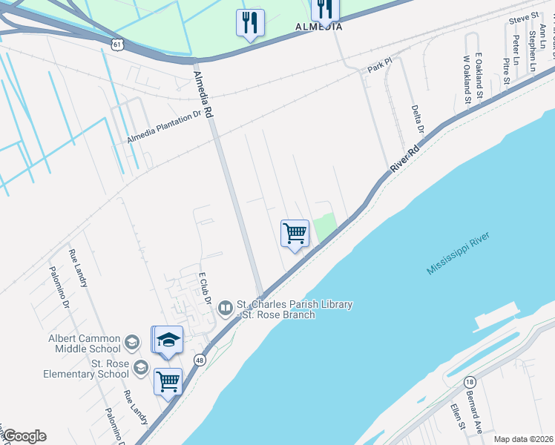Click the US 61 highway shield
pos(118,44)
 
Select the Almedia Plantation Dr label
pos(164,127)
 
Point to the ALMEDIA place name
pos(319,27)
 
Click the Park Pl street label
pos(379,69)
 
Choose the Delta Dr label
pos(417,119)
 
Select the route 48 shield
pos(200,360)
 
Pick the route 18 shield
pos(470,381)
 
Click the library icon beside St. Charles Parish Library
pos(226,305)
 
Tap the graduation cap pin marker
pos(168,340)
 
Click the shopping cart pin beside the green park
pos(295,234)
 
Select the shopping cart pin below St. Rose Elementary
pos(168,383)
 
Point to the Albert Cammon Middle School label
pos(84,343)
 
